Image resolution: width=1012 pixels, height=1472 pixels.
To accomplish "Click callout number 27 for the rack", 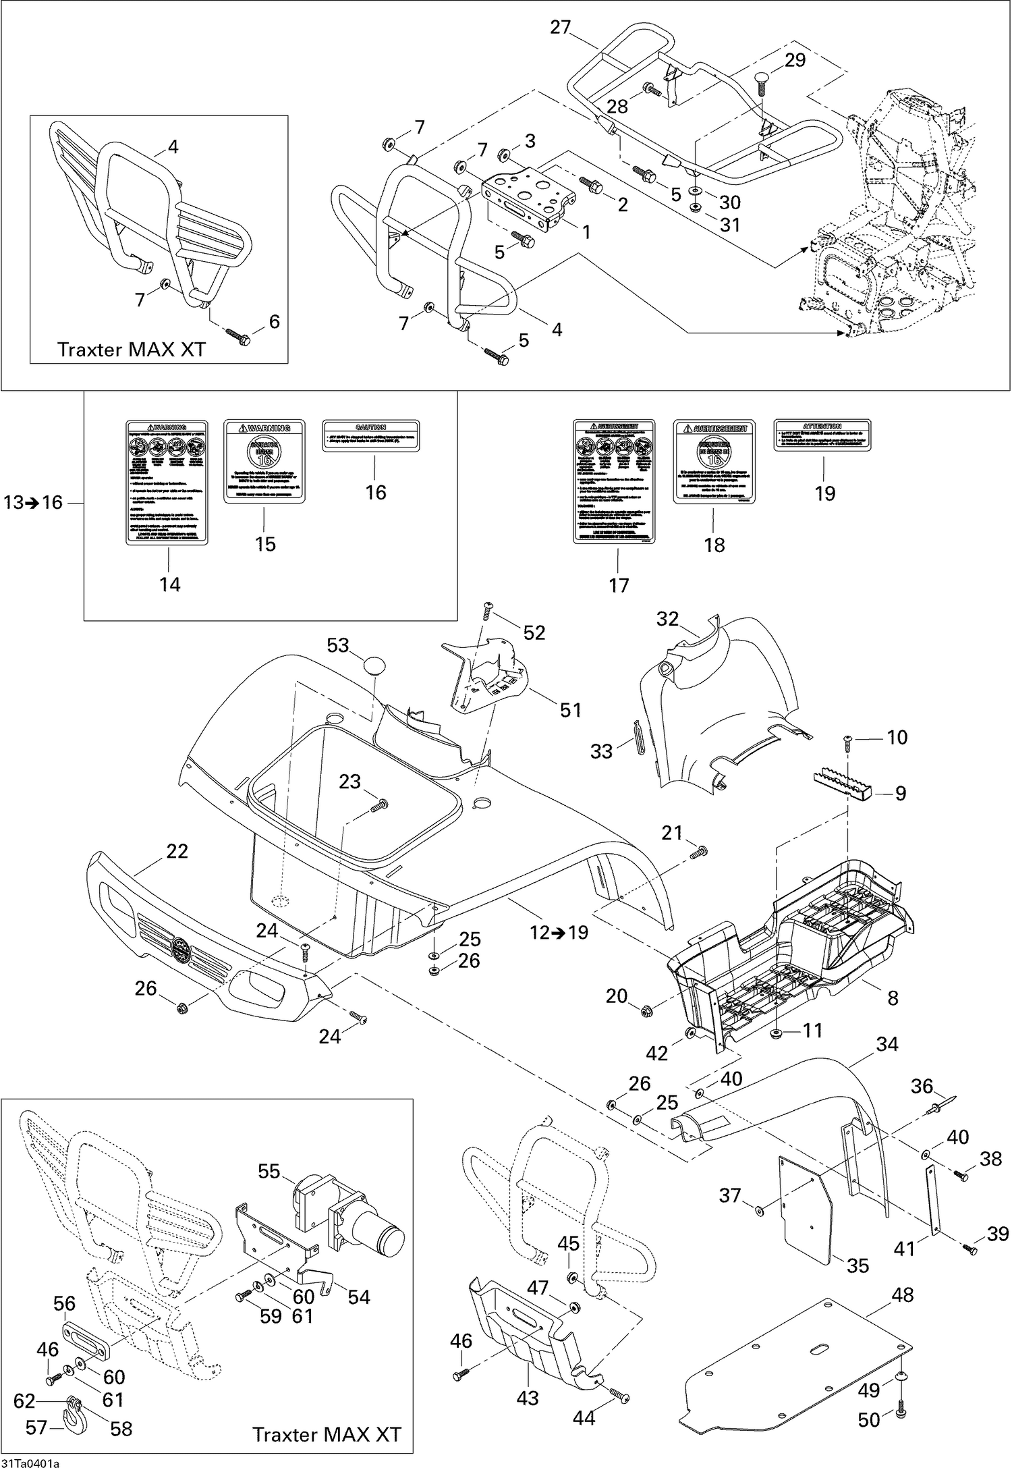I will point(560,28).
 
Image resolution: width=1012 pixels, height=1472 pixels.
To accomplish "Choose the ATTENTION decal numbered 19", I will point(822,435).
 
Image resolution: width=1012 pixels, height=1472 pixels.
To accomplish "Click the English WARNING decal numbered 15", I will point(264,461).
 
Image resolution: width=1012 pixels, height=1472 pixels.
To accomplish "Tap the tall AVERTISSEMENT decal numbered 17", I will point(614,481).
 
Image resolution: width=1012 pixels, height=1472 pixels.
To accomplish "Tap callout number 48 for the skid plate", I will point(902,1295).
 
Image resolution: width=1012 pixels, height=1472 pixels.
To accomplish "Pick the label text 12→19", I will point(559,932).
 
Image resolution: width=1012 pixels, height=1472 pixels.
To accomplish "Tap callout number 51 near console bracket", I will point(570,709).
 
